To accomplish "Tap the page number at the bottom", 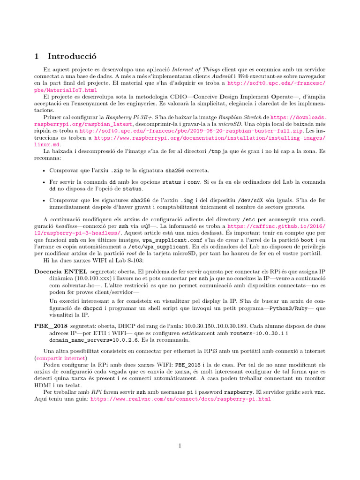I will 180,446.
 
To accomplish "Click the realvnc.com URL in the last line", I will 180,399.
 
